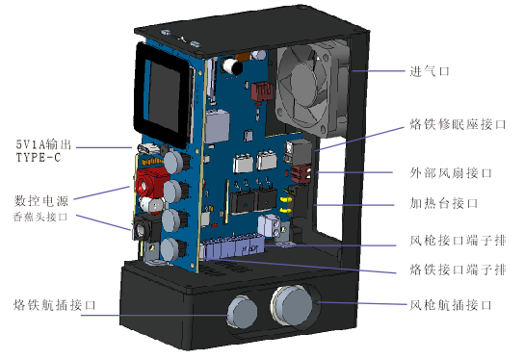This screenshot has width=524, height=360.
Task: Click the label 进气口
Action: [430, 71]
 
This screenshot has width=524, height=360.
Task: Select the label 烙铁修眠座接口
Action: [458, 124]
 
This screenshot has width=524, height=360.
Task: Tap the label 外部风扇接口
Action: [451, 173]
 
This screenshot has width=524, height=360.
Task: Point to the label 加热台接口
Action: [444, 203]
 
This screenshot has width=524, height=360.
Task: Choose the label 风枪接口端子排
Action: [458, 240]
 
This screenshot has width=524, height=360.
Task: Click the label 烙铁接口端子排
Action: [458, 270]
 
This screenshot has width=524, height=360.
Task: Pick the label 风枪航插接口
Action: [451, 305]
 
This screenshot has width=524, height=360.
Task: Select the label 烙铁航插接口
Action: [55, 305]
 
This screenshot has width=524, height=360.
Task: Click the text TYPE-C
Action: [39, 157]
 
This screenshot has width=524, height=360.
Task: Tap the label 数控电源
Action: [41, 201]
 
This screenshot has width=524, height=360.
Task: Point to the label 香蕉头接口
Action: [40, 218]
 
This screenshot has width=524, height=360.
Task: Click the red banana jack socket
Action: [149, 184]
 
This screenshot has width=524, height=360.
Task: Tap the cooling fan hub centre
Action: [303, 83]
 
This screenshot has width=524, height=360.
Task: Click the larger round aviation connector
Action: [293, 305]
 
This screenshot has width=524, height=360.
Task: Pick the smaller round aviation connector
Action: [243, 311]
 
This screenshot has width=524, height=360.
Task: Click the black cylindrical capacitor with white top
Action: [231, 66]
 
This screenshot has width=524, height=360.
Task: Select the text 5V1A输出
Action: [43, 144]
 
